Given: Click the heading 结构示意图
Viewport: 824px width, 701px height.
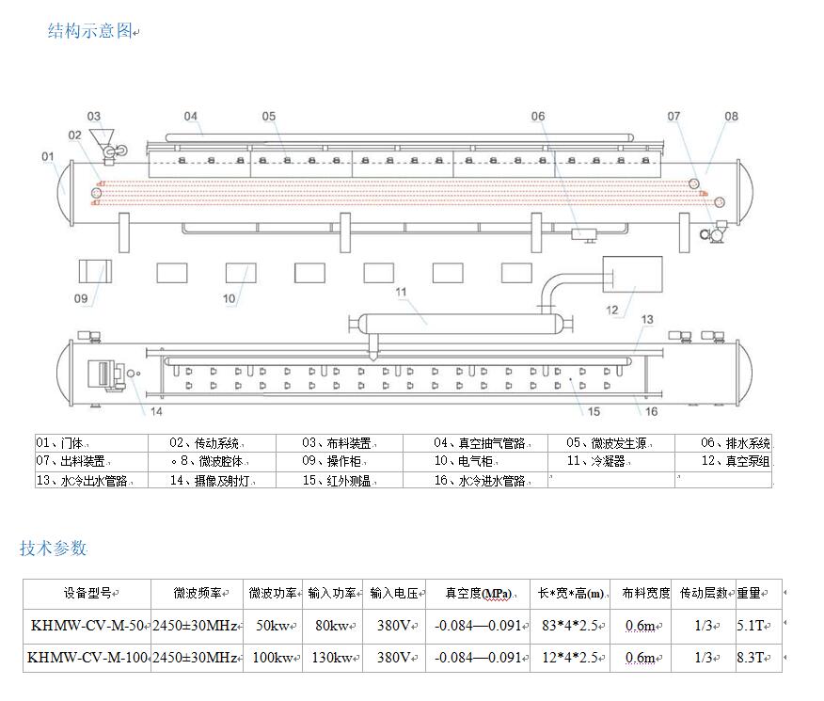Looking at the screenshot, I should tap(90, 31).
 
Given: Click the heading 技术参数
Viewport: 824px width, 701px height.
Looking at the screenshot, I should tap(54, 549).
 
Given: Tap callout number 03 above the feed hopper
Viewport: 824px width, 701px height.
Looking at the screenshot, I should tap(94, 117).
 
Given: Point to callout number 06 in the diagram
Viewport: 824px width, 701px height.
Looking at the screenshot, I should tap(537, 117).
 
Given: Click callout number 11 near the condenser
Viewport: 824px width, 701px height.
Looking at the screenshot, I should tap(401, 292).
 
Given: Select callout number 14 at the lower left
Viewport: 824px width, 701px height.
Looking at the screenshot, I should tap(155, 411).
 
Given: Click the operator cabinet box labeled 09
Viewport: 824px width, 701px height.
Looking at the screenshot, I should tap(94, 273).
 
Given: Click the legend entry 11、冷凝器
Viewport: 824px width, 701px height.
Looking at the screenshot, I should tap(595, 462).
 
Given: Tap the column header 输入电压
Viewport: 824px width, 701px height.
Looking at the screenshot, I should tap(393, 594).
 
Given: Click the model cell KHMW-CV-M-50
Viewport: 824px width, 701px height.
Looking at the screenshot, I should tap(87, 626).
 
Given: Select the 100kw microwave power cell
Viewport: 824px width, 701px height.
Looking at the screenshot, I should tap(273, 658).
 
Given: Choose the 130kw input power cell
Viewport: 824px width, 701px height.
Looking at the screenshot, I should tap(332, 658).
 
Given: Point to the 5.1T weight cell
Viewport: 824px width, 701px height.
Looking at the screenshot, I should tap(750, 626).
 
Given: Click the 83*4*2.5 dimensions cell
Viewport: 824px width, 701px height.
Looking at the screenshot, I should tap(568, 626).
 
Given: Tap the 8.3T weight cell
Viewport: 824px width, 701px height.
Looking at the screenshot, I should tap(750, 658).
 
